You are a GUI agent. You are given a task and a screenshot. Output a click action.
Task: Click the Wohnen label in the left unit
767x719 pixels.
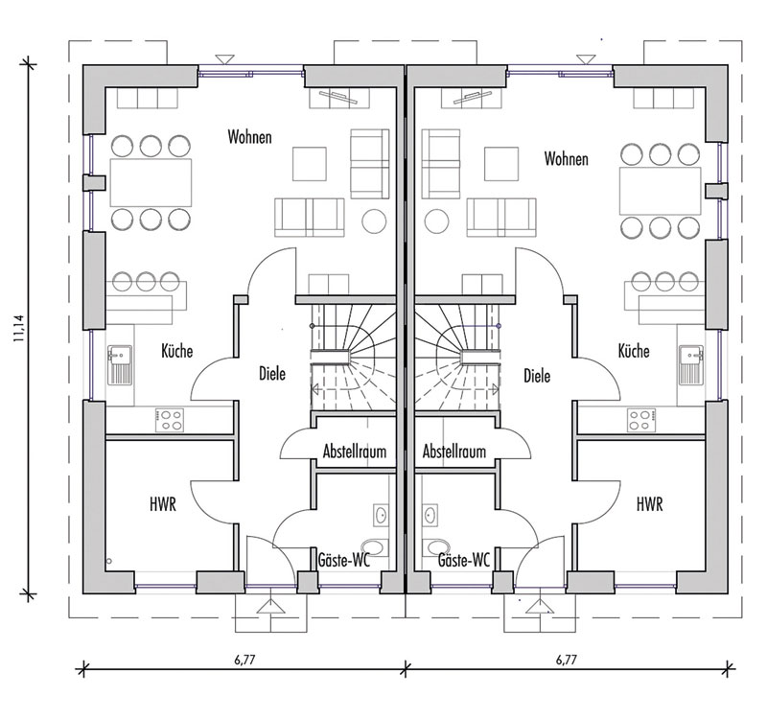[x=249, y=136]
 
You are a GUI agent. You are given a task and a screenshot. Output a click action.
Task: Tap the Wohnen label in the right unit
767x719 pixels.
[x=566, y=158]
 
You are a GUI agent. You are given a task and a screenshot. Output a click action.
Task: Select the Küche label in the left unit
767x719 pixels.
[x=177, y=351]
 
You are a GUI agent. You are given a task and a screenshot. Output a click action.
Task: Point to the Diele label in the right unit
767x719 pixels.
[x=537, y=376]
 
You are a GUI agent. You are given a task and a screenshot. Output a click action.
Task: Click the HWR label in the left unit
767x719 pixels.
[x=163, y=504]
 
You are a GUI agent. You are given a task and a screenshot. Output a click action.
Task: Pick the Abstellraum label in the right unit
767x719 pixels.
[x=454, y=451]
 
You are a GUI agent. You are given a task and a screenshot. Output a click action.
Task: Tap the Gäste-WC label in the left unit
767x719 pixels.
[x=344, y=560]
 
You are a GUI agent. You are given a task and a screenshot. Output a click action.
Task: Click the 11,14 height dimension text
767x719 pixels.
[x=19, y=327]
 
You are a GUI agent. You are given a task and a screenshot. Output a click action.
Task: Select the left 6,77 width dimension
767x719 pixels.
[x=244, y=660]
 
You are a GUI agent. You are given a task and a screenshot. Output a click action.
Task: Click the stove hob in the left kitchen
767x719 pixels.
[x=170, y=421]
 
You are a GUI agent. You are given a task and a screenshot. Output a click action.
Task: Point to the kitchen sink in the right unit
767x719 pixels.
[x=690, y=365]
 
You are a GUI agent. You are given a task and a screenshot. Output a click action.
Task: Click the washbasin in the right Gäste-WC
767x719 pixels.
[x=430, y=516]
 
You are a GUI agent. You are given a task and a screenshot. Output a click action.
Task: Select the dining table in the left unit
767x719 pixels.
[x=151, y=182]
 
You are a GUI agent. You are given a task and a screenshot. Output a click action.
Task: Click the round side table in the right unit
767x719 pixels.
[x=437, y=221]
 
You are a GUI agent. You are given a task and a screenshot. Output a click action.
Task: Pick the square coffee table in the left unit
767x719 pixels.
[x=310, y=164]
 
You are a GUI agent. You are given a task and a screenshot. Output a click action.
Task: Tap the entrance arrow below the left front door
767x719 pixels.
[x=271, y=607]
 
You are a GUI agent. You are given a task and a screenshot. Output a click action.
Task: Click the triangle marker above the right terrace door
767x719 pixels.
[x=585, y=59]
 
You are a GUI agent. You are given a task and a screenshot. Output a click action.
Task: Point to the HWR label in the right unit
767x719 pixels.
[x=650, y=504]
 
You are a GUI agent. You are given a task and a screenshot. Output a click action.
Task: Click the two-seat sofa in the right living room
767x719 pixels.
[x=501, y=218]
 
